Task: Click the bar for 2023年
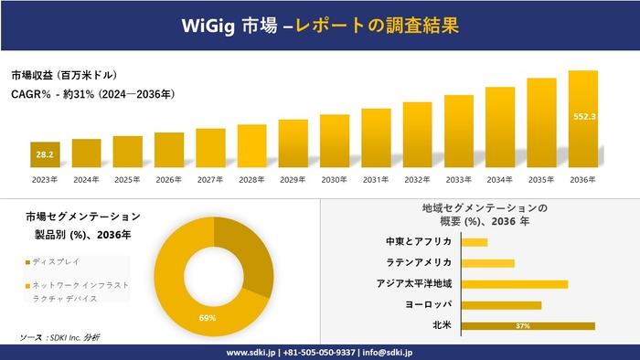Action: [x=45, y=156]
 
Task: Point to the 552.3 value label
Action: [x=584, y=117]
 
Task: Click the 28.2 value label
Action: [x=44, y=155]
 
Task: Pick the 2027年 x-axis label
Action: [x=210, y=180]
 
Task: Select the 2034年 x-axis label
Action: [x=500, y=180]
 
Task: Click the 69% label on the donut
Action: [x=208, y=318]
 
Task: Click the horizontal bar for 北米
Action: [x=528, y=325]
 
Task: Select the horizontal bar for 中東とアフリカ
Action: [x=475, y=242]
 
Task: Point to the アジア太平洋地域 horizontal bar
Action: [x=515, y=283]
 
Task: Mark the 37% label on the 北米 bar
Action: [x=523, y=325]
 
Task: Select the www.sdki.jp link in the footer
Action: [x=251, y=352]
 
